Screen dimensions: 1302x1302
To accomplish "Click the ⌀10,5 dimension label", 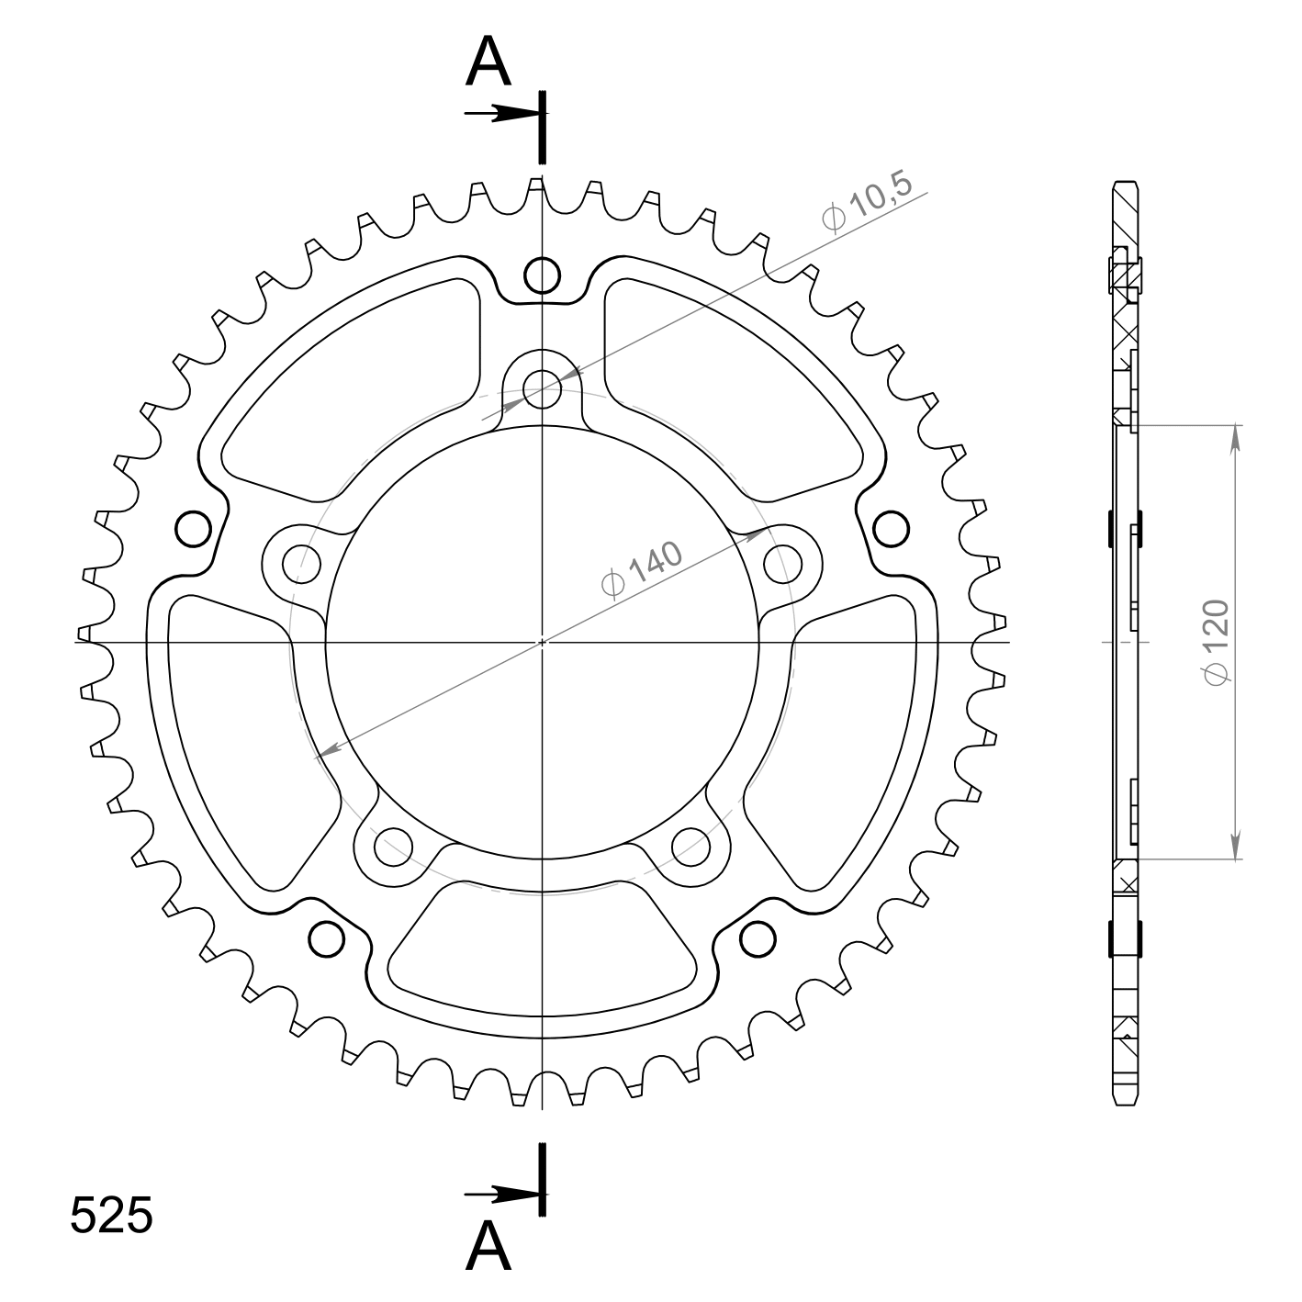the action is tap(867, 203).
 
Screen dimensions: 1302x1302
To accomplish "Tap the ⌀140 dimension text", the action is tap(641, 570).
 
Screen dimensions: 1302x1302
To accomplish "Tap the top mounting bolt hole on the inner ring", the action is tap(542, 389).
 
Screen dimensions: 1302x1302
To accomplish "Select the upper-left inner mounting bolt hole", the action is tap(301, 564).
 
